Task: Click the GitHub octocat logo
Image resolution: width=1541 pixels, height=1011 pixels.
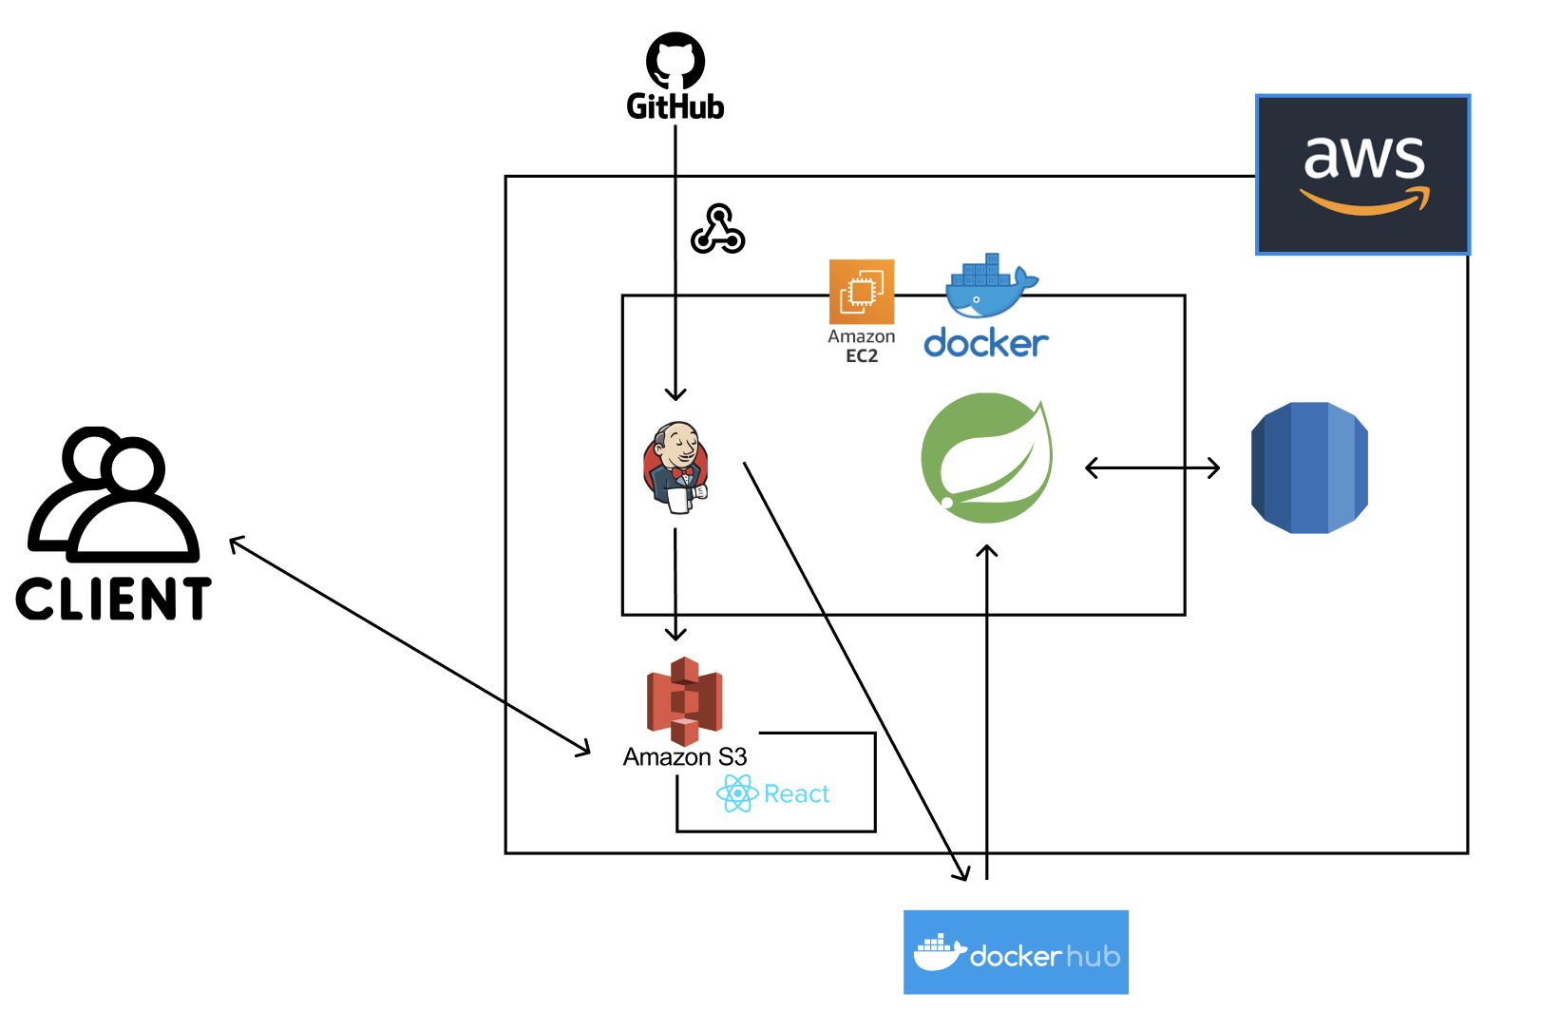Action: pyautogui.click(x=675, y=60)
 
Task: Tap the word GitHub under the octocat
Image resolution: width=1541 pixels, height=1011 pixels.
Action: pyautogui.click(x=675, y=106)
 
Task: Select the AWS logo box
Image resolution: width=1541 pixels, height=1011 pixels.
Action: pyautogui.click(x=1362, y=174)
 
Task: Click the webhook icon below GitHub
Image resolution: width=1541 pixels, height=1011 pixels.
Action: pyautogui.click(x=717, y=229)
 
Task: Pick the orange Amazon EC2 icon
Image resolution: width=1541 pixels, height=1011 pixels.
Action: pyautogui.click(x=862, y=292)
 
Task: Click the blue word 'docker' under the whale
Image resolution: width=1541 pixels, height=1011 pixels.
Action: pyautogui.click(x=986, y=343)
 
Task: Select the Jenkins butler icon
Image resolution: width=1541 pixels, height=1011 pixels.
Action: pyautogui.click(x=675, y=467)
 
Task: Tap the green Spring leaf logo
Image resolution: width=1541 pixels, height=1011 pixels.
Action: pyautogui.click(x=987, y=458)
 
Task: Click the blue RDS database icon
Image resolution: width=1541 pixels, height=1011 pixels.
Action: pyautogui.click(x=1309, y=467)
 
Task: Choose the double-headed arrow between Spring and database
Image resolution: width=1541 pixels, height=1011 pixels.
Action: pyautogui.click(x=1152, y=467)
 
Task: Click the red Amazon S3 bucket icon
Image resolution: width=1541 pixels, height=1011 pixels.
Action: pyautogui.click(x=685, y=700)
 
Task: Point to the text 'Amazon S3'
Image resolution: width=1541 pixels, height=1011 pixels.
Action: pyautogui.click(x=685, y=757)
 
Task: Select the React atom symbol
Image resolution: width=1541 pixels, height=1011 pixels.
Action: pyautogui.click(x=737, y=793)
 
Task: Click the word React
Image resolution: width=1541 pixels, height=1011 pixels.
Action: pyautogui.click(x=796, y=793)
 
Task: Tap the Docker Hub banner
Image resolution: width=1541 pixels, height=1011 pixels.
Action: pyautogui.click(x=1016, y=952)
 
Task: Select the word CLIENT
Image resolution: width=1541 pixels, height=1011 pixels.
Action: pyautogui.click(x=113, y=599)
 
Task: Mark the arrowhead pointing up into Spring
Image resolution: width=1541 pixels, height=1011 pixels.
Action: pyautogui.click(x=987, y=551)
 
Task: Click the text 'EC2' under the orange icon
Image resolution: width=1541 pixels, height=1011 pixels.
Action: pyautogui.click(x=862, y=356)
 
